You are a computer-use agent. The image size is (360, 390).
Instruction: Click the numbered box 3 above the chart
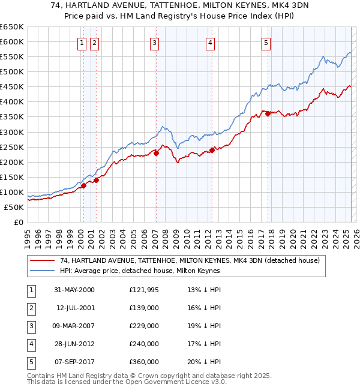pos(155,42)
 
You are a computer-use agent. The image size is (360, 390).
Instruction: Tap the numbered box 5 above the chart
pos(266,42)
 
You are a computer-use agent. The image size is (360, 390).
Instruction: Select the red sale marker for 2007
pos(156,153)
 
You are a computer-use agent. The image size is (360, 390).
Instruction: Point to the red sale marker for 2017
pos(268,113)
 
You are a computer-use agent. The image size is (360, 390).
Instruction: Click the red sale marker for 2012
pos(212,150)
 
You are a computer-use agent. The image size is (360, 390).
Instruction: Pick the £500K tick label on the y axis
pos(12,71)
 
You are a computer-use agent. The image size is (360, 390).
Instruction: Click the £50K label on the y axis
pos(14,207)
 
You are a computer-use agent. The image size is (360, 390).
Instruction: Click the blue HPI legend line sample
pos(42,271)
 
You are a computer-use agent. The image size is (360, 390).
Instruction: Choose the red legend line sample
pos(42,260)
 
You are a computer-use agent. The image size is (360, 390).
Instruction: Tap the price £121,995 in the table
pos(144,290)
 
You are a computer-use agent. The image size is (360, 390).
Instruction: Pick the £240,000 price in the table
pos(144,344)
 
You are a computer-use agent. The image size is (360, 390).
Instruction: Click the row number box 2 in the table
pos(31,308)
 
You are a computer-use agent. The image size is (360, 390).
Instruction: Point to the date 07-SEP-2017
pos(74,362)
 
